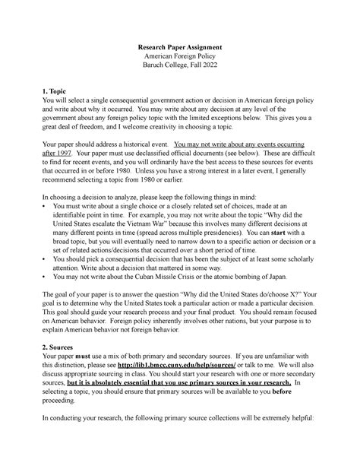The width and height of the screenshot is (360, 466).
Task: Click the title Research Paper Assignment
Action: (180, 48)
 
